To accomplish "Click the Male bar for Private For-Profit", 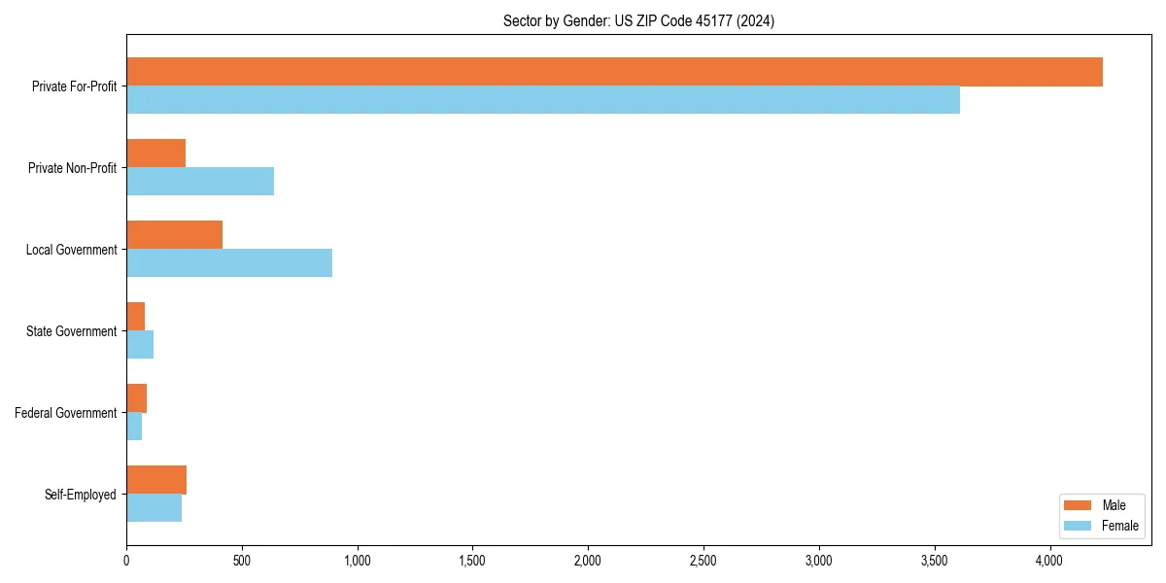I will tap(614, 72).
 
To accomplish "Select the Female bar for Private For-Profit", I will tap(543, 100).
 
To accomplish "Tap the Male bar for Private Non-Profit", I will tap(155, 154).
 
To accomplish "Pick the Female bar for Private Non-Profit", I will tap(200, 182).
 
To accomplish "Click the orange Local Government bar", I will tap(174, 235).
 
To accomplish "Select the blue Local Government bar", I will tap(229, 263).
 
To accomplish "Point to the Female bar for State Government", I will tap(140, 345).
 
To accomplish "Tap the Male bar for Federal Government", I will tap(136, 398).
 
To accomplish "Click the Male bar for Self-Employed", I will tap(156, 480).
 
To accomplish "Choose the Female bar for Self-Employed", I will tap(154, 508).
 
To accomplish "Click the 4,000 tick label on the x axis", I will tap(1049, 561).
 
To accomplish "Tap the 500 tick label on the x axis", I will tap(242, 561).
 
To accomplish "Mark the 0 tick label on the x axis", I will tap(126, 561).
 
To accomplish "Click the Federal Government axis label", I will tap(66, 413).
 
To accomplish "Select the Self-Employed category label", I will tap(81, 495).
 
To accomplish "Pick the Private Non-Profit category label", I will tap(73, 168).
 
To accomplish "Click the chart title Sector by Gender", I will tap(638, 20).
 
